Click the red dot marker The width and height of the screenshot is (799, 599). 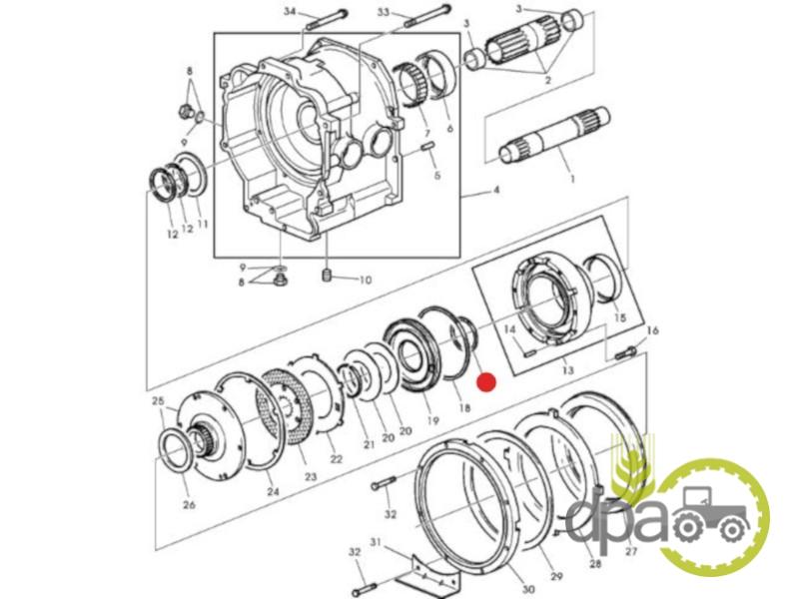coord(486,382)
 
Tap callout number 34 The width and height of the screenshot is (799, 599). coord(290,11)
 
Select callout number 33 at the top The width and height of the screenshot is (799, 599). coord(384,11)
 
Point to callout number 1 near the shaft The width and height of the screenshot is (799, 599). coord(572,179)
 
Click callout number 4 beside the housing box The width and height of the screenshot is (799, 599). coord(495,190)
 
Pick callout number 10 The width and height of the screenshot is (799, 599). coord(366,280)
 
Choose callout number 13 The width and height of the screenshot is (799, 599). coord(567,368)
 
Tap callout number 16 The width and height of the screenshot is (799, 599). coord(652,330)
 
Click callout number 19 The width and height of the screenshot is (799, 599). coord(432,420)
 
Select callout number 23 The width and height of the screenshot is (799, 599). coord(311,476)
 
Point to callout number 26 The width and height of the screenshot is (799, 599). coord(189,505)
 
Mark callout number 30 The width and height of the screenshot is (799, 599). coord(528,589)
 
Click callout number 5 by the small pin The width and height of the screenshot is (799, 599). coord(437,176)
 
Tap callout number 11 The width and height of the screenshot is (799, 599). coord(203,224)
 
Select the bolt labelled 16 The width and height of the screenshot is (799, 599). coord(624,352)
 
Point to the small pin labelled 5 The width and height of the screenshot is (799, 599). coord(427,147)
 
